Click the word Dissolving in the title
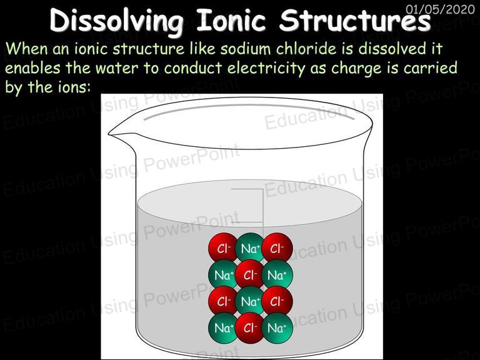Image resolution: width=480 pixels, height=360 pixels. [x=117, y=21]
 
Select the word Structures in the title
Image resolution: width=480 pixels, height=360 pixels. [x=355, y=20]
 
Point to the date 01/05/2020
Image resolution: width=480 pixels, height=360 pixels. [x=440, y=9]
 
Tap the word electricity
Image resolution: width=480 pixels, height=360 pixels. [x=266, y=69]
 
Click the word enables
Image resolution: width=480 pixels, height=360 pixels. [x=32, y=68]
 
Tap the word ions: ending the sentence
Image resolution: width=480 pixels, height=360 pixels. [x=74, y=87]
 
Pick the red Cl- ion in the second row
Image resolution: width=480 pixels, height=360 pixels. [x=250, y=274]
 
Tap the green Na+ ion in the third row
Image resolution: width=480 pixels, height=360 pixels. [x=250, y=301]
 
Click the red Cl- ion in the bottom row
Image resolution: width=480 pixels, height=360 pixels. [x=250, y=327]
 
